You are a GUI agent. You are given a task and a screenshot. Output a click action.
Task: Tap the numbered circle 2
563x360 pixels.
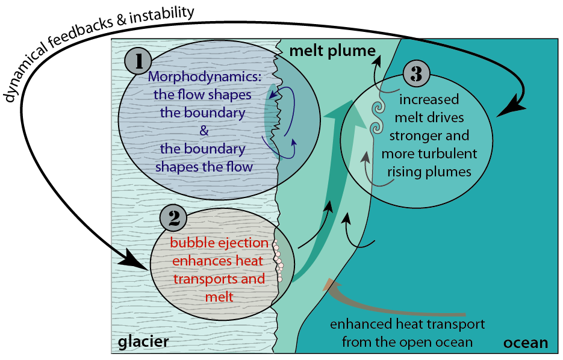(x=173, y=218)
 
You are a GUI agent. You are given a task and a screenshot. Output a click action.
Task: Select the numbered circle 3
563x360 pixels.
(x=417, y=74)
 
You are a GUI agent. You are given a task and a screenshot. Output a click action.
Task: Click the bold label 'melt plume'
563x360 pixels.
(x=332, y=51)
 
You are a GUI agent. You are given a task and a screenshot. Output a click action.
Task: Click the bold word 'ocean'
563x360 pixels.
(x=526, y=343)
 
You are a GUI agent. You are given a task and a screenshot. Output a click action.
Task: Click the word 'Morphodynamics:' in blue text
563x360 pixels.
(x=205, y=77)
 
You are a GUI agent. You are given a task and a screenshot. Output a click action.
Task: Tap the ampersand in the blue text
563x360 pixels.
(x=204, y=130)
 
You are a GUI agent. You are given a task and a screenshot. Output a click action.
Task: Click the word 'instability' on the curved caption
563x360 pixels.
(x=161, y=16)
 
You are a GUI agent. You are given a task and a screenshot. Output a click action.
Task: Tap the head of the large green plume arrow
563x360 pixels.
(x=340, y=109)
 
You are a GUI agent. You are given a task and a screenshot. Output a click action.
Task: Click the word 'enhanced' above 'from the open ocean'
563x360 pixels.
(x=361, y=324)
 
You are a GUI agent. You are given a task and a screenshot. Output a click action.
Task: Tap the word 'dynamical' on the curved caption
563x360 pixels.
(x=25, y=74)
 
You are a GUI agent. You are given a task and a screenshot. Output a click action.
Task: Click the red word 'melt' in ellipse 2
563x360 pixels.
(x=219, y=297)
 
